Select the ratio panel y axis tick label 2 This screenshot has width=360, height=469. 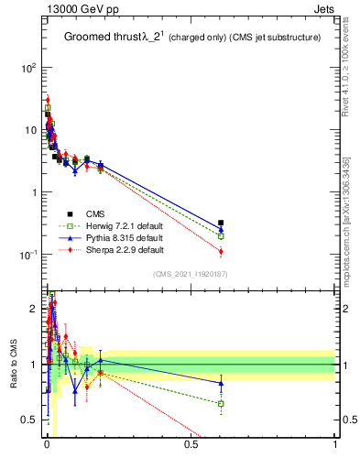pyautogui.click(x=33, y=309)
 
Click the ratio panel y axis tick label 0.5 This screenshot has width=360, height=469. pyautogui.click(x=29, y=420)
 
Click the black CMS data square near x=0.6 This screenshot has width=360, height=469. pyautogui.click(x=221, y=223)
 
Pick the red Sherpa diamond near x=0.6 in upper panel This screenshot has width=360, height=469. pyautogui.click(x=221, y=251)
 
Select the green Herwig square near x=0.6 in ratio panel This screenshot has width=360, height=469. pyautogui.click(x=221, y=403)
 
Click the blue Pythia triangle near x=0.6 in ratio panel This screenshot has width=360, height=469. pyautogui.click(x=221, y=383)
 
